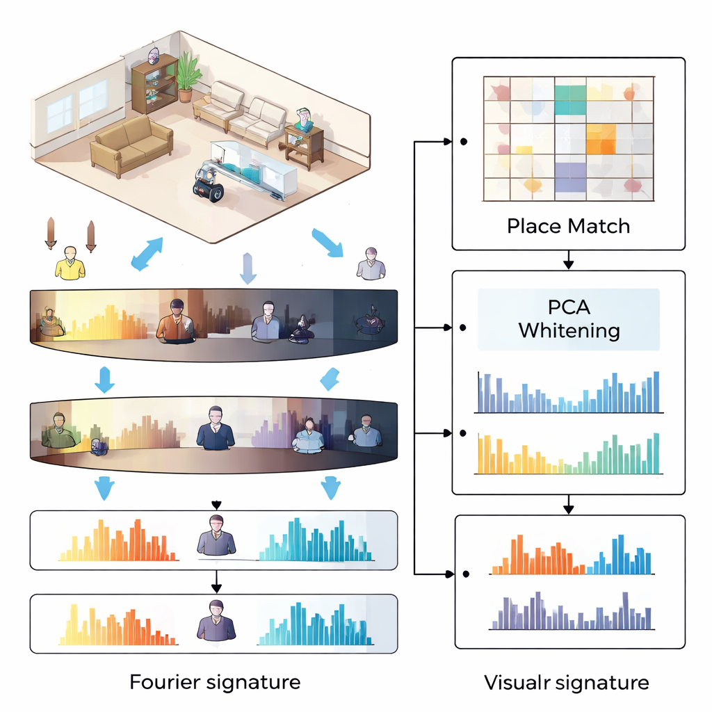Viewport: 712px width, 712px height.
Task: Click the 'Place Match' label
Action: pos(569,226)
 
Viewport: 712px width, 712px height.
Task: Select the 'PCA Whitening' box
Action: pos(569,319)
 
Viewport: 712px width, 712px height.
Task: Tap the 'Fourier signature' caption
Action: pos(215,681)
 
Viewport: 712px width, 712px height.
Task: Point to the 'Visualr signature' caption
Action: pos(567,682)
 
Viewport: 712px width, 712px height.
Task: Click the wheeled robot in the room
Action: pos(208,182)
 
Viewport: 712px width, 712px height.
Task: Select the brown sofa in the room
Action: pos(132,145)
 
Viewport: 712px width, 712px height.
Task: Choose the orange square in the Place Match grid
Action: pos(601,138)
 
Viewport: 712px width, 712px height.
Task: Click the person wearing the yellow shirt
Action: pos(70,264)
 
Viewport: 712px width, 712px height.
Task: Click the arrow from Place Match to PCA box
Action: pos(569,260)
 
